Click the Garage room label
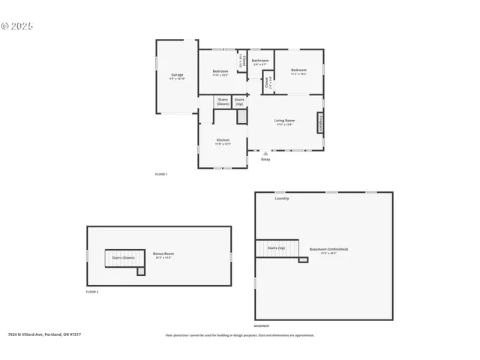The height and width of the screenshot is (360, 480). coord(177,76)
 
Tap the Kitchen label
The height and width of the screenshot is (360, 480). coord(223,140)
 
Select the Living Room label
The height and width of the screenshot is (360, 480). coord(285,121)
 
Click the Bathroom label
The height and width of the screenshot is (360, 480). coord(260,61)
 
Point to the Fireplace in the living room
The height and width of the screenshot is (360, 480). coord(321,122)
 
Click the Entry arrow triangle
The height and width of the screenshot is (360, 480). coord(265,154)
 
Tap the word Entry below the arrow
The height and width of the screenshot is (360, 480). coord(265,160)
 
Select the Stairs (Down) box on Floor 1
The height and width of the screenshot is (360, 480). coord(223,101)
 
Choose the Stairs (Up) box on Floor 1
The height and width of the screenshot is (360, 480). coord(239,101)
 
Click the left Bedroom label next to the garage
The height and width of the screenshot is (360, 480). coord(220,72)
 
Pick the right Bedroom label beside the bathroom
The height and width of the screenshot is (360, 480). coord(298,72)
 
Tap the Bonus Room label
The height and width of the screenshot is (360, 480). coord(163,256)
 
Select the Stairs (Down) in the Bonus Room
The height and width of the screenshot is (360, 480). coord(124,257)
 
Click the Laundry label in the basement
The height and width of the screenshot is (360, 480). coord(282,198)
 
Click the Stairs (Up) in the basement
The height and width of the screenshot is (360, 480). coord(277,247)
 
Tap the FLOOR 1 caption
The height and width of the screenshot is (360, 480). coord(161,174)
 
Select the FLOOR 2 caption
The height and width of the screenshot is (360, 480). coord(92,291)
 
